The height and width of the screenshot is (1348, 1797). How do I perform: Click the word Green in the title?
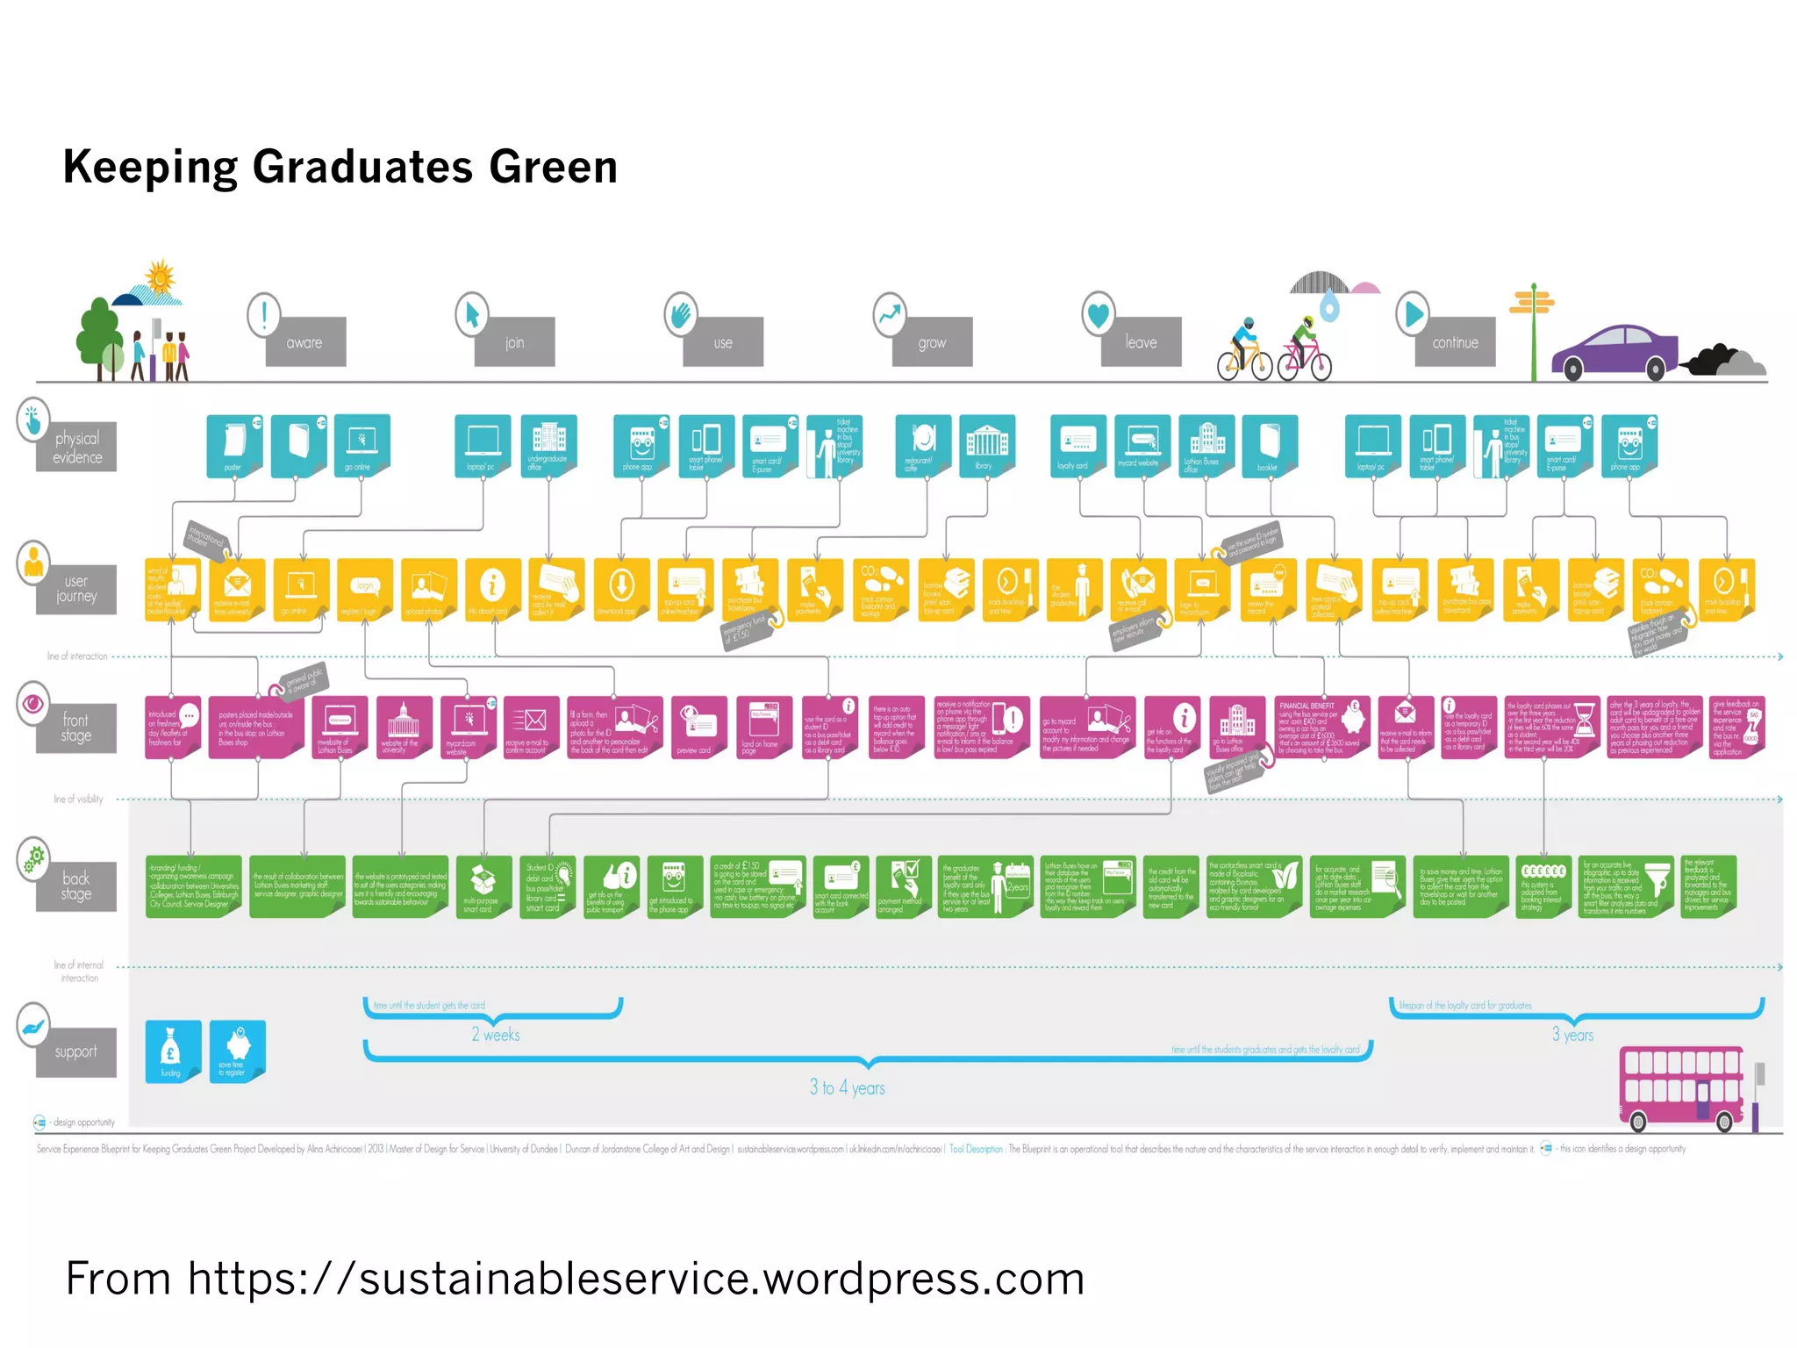coord(553,167)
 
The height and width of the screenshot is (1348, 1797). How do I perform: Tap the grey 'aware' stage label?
coord(305,342)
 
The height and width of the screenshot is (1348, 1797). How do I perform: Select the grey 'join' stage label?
coord(514,342)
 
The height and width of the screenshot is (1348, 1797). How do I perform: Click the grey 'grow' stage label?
coord(932,342)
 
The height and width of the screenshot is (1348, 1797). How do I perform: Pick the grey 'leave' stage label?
coord(1141,342)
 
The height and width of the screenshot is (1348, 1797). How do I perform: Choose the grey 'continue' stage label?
coord(1455,342)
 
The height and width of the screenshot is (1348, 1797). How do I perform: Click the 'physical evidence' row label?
coord(77,448)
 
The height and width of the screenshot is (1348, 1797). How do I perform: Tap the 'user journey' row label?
coord(76,589)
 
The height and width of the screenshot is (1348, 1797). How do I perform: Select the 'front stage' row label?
coord(76,728)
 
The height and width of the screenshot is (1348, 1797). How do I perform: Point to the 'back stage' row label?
coord(76,886)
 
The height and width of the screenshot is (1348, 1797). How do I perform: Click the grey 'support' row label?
coord(76,1051)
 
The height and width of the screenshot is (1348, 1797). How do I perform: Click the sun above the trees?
coord(160,278)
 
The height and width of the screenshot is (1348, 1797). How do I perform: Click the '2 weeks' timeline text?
coord(496,1035)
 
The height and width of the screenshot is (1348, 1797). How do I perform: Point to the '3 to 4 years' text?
coord(847,1087)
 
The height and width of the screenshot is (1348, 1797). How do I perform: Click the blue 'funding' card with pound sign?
coord(173,1050)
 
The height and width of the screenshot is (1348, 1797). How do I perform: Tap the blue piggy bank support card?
coord(237,1050)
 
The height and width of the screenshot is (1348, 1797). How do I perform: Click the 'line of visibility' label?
coord(78,799)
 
